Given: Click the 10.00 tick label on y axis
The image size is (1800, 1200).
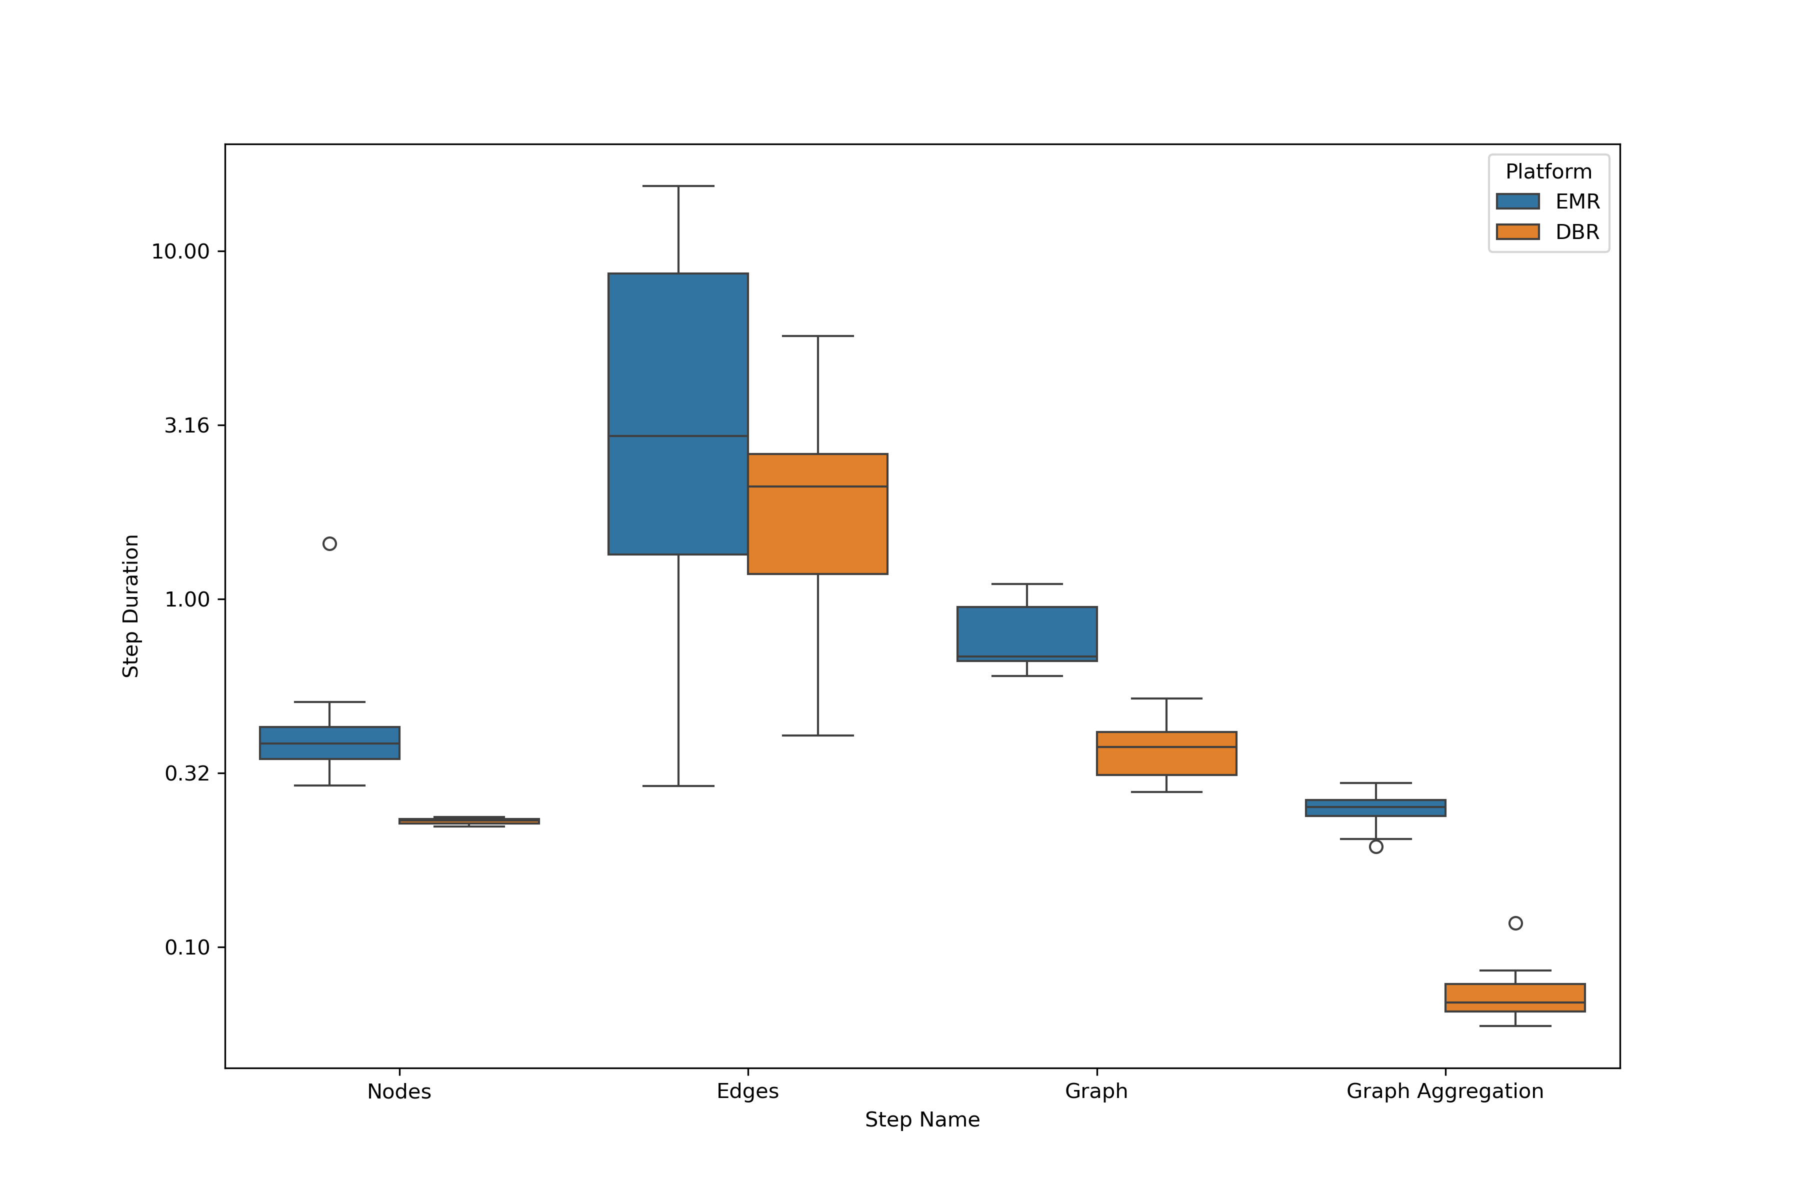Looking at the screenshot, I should [x=180, y=252].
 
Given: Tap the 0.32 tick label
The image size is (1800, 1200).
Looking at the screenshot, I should [x=186, y=773].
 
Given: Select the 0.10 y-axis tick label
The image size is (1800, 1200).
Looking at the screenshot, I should [x=186, y=947].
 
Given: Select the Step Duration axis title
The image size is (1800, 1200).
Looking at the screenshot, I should [x=131, y=605].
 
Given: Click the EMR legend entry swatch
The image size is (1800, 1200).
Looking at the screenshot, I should [x=1517, y=201].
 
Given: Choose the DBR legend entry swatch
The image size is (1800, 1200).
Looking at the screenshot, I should [x=1517, y=232].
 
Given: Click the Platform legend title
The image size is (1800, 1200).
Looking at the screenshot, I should [x=1548, y=171].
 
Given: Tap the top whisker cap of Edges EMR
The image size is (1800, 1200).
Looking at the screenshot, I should [x=677, y=186].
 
